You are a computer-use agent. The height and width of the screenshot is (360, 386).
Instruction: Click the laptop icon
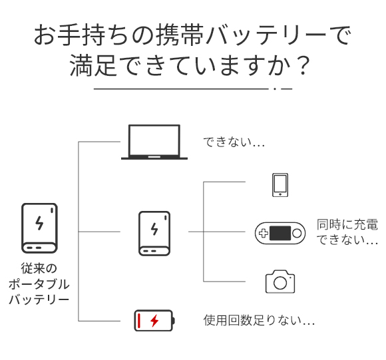pos(154,142)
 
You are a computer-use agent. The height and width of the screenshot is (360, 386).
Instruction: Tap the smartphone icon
pos(280,185)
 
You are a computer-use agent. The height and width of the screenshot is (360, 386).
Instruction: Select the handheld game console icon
pos(280,233)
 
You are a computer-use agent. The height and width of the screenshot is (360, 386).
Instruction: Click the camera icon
pos(280,281)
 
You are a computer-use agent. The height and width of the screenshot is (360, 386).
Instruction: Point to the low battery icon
pos(154,320)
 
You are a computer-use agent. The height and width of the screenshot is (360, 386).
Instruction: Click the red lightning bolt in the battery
pos(154,320)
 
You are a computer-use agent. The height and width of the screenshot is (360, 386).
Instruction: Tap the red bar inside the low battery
pos(139,320)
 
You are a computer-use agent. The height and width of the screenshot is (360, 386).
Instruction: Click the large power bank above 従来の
pos(39,228)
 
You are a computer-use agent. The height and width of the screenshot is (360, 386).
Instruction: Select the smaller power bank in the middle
pos(154,234)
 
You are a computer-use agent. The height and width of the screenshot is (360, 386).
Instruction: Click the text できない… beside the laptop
pos(234,142)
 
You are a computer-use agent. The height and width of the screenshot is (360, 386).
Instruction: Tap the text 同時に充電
pos(347,224)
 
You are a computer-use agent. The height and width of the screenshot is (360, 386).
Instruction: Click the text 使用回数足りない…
pos(259,320)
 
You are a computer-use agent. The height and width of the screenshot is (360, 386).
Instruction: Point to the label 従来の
pos(39,268)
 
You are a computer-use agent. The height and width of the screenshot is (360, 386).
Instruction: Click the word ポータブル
pos(39,284)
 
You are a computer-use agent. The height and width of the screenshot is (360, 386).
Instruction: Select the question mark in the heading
pos(303,65)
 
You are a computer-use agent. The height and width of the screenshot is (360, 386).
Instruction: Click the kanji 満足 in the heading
pos(93,65)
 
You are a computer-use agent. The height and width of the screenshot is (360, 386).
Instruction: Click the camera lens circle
pos(280,283)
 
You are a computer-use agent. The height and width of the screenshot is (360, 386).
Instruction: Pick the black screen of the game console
pos(280,233)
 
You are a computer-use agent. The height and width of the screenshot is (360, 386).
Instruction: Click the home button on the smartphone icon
pos(280,194)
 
